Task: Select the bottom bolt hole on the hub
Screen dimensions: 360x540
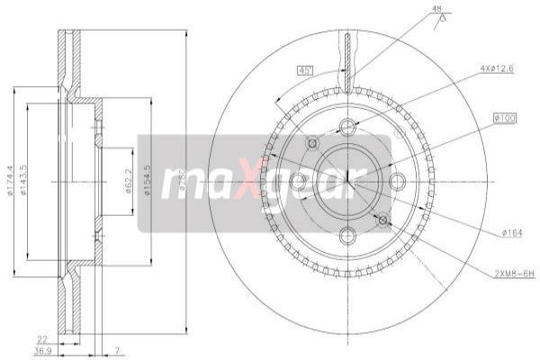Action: click(x=347, y=236)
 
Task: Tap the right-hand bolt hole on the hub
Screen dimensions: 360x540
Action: click(x=401, y=183)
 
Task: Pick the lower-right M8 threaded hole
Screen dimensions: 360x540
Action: click(x=383, y=219)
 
